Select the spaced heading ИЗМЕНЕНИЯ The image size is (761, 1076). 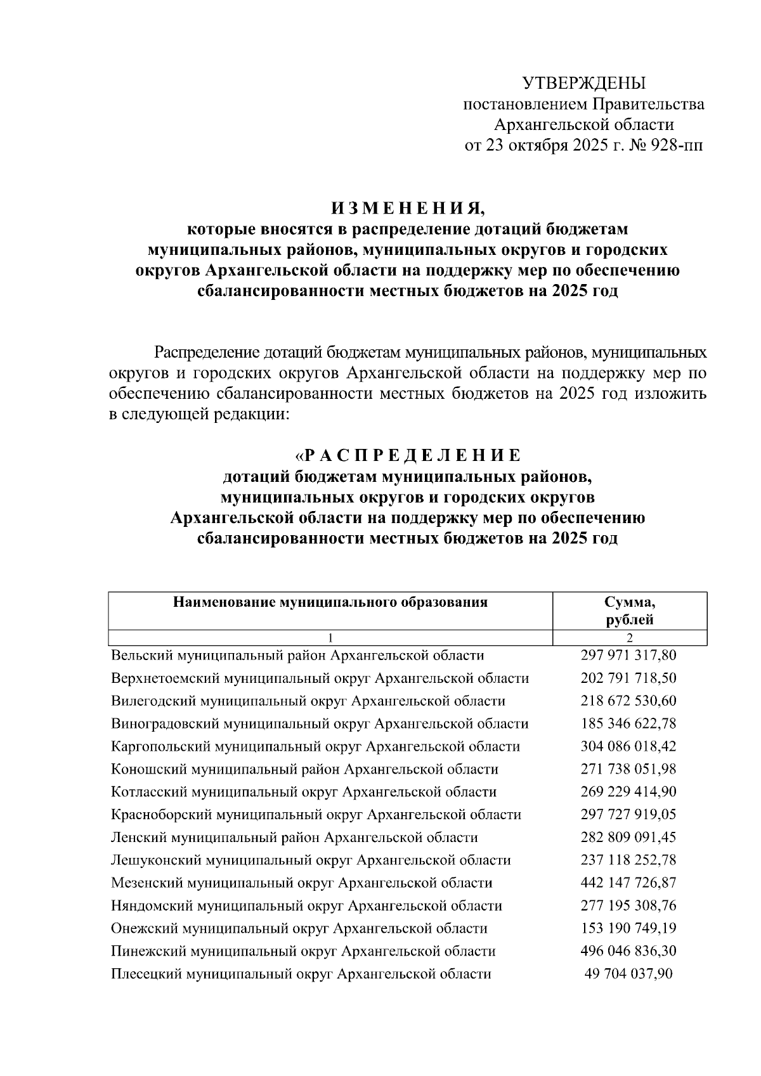coord(407,209)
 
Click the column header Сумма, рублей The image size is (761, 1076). coord(629,611)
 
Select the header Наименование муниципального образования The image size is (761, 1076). coord(330,602)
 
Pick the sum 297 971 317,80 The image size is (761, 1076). coord(628,655)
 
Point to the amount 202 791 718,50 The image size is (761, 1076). coord(628,678)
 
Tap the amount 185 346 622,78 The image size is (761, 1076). coord(628,723)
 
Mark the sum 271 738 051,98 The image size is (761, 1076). coord(628,769)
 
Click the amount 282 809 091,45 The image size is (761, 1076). coord(628,837)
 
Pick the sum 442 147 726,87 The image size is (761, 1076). coord(628,883)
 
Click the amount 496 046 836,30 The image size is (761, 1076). coord(628,951)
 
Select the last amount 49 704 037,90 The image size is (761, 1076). coord(628,974)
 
